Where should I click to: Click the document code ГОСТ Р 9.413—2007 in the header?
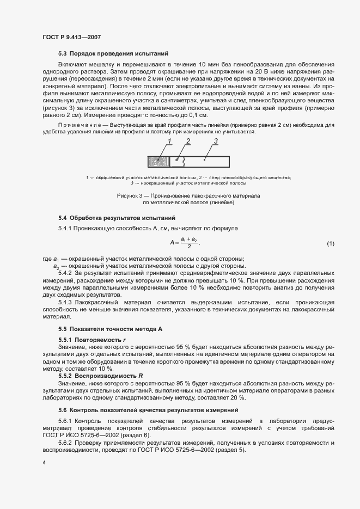tap(71, 37)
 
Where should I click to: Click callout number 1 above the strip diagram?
tap(169, 142)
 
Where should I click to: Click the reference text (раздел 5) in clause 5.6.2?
tap(231, 450)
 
